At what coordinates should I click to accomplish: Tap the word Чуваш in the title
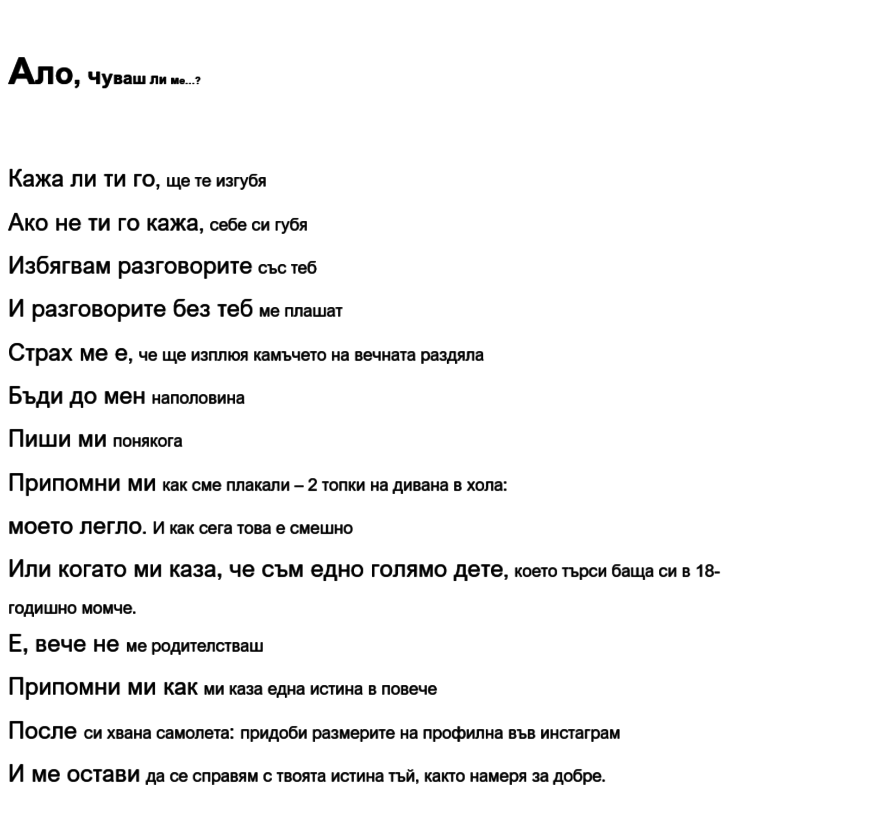click(116, 79)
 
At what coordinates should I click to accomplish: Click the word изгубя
click(241, 181)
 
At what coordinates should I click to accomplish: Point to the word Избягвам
click(59, 266)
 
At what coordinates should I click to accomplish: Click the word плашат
click(313, 311)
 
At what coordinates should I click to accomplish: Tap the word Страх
click(40, 353)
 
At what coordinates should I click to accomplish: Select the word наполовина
click(198, 398)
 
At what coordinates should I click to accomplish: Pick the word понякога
click(148, 441)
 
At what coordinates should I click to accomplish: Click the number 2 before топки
click(312, 485)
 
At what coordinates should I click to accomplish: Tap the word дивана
click(420, 485)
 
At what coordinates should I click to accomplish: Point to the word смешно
click(321, 528)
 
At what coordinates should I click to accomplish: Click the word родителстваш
click(207, 646)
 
